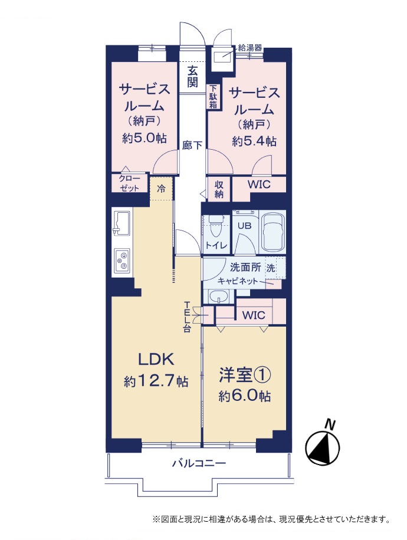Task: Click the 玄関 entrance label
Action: click(193, 77)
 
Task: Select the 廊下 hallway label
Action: click(192, 145)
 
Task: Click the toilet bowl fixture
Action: click(216, 226)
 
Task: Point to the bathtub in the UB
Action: click(273, 232)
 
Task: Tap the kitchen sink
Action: click(122, 223)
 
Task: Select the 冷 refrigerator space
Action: click(161, 189)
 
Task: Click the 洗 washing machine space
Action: click(275, 268)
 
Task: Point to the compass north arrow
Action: click(323, 446)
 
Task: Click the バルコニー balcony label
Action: click(199, 463)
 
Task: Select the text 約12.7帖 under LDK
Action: click(156, 381)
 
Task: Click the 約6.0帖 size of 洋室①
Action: click(244, 396)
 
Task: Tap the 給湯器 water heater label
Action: click(250, 48)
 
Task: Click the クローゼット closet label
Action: click(129, 183)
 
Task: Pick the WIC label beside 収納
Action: click(259, 185)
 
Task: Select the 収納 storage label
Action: click(219, 189)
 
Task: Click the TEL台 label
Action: click(187, 317)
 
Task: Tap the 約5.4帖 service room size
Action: click(254, 141)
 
